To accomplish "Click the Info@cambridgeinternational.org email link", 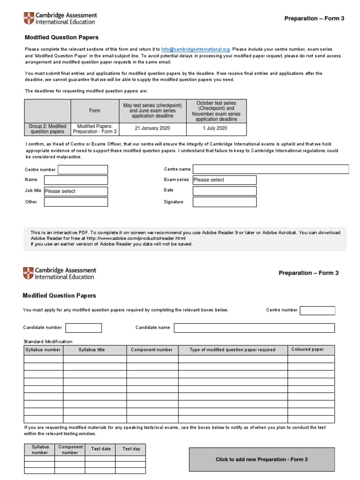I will click(x=195, y=49).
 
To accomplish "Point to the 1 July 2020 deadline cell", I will click(x=215, y=128).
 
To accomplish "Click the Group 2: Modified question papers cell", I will click(x=47, y=129).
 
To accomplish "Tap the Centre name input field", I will click(x=270, y=169).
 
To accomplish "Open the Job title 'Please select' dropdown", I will click(x=75, y=191).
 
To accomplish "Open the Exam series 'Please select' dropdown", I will click(x=225, y=180).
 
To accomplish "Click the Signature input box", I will click(x=225, y=202).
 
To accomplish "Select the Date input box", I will click(x=225, y=191).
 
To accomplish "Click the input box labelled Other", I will click(x=75, y=202).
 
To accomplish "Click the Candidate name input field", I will click(x=254, y=328).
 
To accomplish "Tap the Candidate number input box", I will click(x=83, y=328).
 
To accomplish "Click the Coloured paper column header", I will click(x=307, y=350).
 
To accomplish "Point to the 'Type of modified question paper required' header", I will click(x=232, y=350).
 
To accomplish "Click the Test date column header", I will click(x=100, y=449).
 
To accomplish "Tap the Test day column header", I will click(x=131, y=449).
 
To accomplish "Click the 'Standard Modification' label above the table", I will click(x=48, y=342).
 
